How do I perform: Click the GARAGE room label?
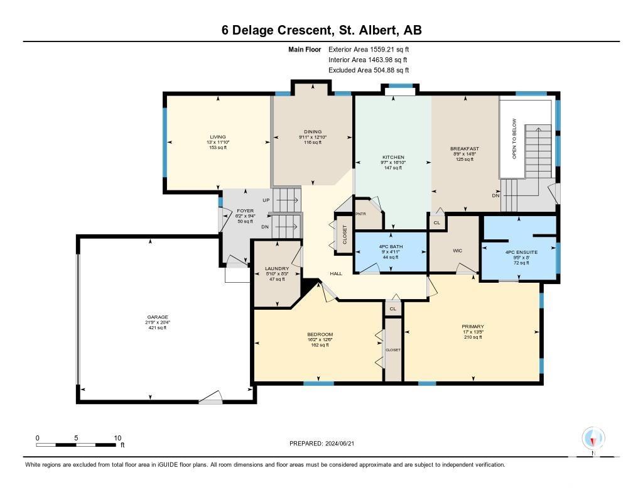(x=158, y=317)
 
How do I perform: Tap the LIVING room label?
(x=218, y=137)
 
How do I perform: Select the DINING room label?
(x=313, y=132)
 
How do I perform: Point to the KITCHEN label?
(x=393, y=157)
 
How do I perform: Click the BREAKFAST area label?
(x=465, y=148)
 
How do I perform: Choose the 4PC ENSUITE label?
(x=521, y=253)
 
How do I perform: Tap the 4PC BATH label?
(x=391, y=247)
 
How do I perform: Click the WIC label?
(x=458, y=251)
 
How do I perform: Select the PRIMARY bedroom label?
(x=473, y=327)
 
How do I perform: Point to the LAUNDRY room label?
(x=277, y=269)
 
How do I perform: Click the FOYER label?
(x=246, y=211)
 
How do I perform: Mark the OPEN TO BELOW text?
(x=514, y=139)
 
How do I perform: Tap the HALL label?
(x=336, y=273)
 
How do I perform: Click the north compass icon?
(x=593, y=439)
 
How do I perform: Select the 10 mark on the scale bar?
(x=117, y=438)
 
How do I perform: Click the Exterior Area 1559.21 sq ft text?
(x=369, y=50)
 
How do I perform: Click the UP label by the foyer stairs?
(x=266, y=200)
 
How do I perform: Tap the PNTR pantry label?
(x=361, y=214)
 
